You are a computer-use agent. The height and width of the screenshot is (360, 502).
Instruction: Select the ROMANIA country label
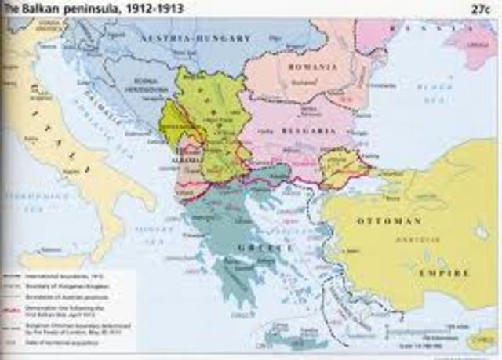tap(290, 67)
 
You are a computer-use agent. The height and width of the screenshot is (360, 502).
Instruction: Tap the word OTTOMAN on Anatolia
tap(390, 221)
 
